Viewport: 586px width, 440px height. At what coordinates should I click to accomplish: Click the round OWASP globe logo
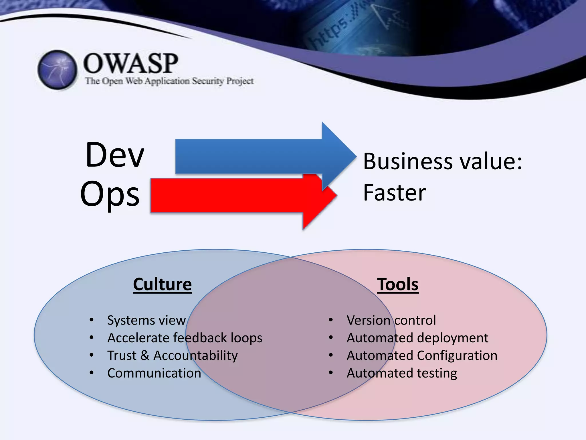click(57, 70)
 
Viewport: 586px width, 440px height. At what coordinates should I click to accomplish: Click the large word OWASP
click(130, 64)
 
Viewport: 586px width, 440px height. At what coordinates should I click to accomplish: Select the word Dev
click(115, 155)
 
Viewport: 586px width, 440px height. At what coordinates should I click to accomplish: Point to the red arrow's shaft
click(226, 195)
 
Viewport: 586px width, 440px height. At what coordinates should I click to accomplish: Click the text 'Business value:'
click(442, 161)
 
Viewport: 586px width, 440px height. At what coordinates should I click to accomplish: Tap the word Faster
click(395, 193)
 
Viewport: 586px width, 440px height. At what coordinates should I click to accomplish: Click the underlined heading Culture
click(162, 284)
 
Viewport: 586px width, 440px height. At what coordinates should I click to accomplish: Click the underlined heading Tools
click(398, 284)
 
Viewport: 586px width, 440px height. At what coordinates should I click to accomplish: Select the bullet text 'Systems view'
click(146, 320)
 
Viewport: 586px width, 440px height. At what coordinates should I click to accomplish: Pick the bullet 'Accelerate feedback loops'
click(185, 338)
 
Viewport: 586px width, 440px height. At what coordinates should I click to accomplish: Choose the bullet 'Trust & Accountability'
click(172, 355)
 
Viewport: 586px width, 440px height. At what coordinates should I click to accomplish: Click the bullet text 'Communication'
click(154, 373)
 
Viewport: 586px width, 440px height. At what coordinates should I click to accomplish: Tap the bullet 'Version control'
click(391, 320)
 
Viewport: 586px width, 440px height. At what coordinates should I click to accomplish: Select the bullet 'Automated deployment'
click(417, 338)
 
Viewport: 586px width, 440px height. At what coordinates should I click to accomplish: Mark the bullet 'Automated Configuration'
click(422, 355)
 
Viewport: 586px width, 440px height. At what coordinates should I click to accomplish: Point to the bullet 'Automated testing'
click(402, 373)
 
